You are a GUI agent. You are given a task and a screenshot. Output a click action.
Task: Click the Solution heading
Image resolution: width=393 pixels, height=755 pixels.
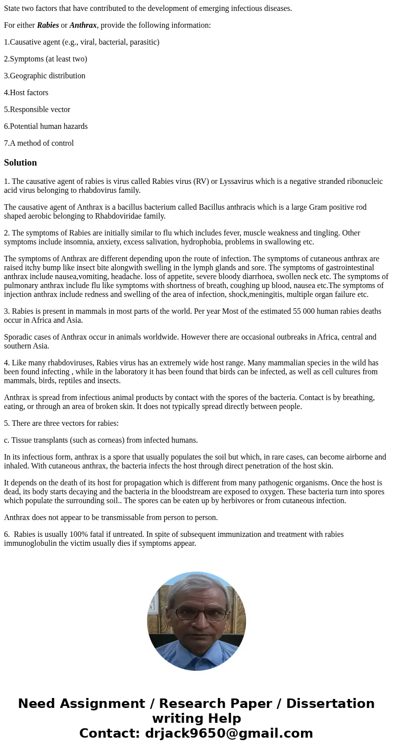[x=20, y=163]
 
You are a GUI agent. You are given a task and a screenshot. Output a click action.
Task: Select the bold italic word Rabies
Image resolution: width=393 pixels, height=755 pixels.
[x=48, y=25]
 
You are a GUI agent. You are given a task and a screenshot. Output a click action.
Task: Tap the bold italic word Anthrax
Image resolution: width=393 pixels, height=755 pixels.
[x=83, y=25]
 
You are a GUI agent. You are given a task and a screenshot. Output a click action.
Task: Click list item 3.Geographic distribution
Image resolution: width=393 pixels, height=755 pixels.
[x=45, y=76]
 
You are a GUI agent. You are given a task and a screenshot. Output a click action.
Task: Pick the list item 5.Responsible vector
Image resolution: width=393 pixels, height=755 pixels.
[x=37, y=110]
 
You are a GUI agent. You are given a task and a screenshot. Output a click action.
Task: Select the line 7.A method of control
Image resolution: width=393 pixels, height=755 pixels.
[x=39, y=143]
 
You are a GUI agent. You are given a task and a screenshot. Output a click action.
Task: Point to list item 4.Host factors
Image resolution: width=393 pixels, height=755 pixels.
[x=26, y=93]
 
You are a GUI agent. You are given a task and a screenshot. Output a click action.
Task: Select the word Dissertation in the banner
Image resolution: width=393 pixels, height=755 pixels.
[x=330, y=704]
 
